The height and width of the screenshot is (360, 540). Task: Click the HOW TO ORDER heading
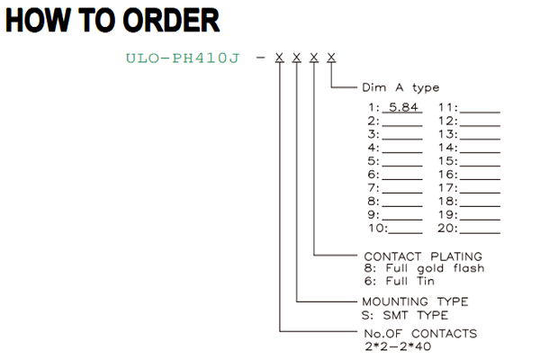point(112,20)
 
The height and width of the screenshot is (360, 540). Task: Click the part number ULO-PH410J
point(182,58)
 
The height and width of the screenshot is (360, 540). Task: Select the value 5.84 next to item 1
point(403,107)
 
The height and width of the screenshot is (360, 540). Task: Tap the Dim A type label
point(400,88)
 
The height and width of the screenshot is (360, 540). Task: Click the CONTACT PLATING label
point(423,256)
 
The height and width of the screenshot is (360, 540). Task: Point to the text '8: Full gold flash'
point(424,268)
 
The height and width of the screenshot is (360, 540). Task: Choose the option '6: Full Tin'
point(399,281)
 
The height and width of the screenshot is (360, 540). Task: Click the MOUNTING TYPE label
point(415,301)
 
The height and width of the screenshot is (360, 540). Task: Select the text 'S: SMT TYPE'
point(405,315)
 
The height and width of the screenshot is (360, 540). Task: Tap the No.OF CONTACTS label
point(420,334)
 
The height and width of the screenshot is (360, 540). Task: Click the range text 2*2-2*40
point(398,346)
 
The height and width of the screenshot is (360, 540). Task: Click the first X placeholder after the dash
point(279,58)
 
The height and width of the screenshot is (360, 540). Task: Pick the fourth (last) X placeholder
point(331,58)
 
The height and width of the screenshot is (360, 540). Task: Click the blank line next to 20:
point(480,233)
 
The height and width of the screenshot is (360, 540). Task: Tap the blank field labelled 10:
point(405,233)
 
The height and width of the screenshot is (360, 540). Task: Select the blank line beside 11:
point(480,112)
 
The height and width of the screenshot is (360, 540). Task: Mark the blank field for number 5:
point(402,166)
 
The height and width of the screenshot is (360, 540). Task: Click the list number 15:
point(447,161)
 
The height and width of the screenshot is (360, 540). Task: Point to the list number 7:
point(373,188)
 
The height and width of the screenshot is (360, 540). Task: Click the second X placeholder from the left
point(296,58)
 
